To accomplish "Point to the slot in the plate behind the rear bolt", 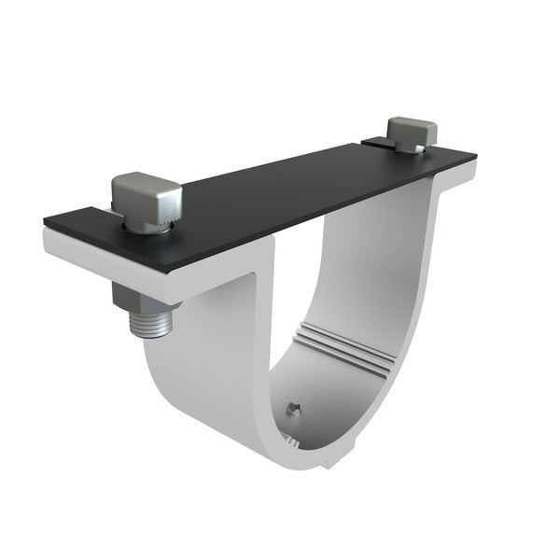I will pyautogui.click(x=378, y=144).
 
